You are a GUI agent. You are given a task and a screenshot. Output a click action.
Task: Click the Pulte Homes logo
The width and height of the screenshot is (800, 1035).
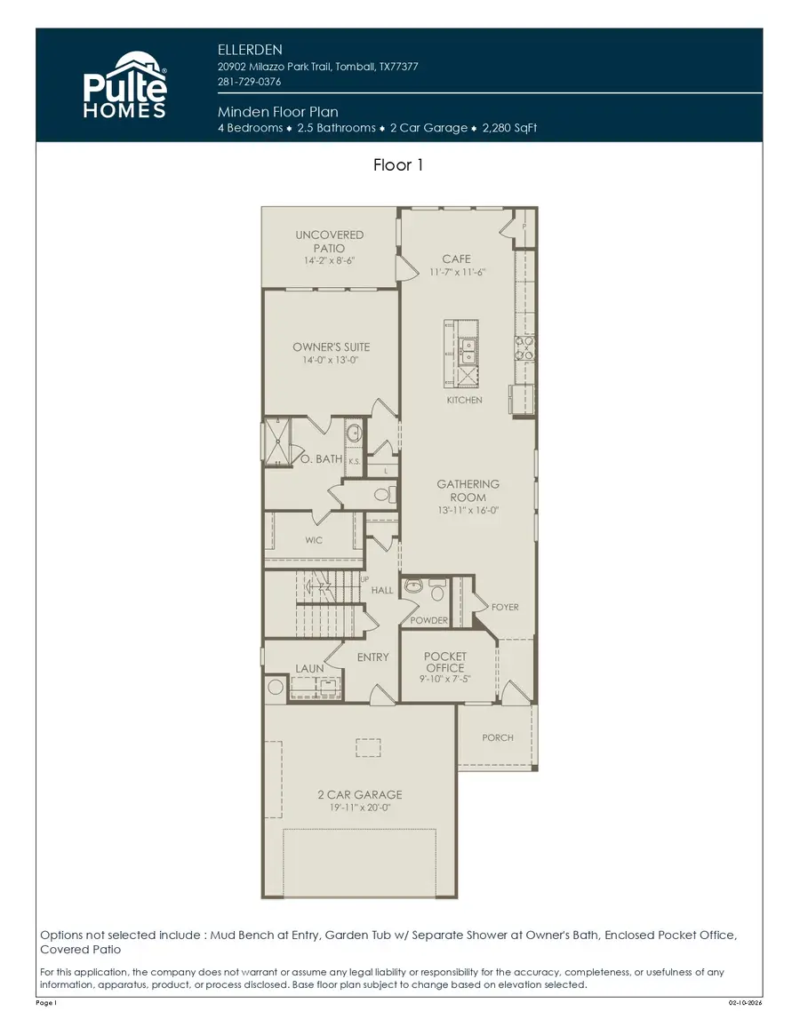124,85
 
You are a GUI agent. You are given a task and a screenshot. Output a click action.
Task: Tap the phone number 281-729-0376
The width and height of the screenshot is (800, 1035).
250,83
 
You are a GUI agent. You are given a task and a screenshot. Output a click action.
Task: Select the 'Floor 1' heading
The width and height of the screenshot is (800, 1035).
399,165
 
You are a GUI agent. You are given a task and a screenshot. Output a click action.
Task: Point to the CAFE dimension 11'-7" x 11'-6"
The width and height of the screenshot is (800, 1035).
456,273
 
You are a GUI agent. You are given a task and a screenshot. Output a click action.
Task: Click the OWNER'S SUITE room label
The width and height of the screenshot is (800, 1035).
331,347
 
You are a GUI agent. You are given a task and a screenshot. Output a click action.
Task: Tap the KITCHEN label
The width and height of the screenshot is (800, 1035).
464,401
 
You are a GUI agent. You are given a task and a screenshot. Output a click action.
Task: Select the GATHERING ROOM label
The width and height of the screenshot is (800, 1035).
468,490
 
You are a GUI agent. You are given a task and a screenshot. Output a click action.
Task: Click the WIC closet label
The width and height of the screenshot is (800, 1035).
314,540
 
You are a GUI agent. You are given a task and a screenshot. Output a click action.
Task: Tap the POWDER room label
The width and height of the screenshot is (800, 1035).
428,621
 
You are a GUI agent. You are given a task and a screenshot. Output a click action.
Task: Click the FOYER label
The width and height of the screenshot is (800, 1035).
505,608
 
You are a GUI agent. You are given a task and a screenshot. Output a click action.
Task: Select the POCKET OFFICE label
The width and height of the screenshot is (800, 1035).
444,662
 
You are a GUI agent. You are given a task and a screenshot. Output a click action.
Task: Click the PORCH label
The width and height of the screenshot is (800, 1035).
498,737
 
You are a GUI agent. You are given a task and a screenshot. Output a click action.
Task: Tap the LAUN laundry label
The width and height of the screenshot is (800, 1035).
309,668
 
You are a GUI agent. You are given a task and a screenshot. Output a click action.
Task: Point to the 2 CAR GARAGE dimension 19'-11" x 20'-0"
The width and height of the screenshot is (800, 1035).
359,808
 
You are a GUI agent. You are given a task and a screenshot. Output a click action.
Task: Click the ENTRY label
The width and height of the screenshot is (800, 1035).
373,657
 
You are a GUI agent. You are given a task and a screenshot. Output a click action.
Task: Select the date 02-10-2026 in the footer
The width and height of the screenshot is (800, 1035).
745,1002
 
